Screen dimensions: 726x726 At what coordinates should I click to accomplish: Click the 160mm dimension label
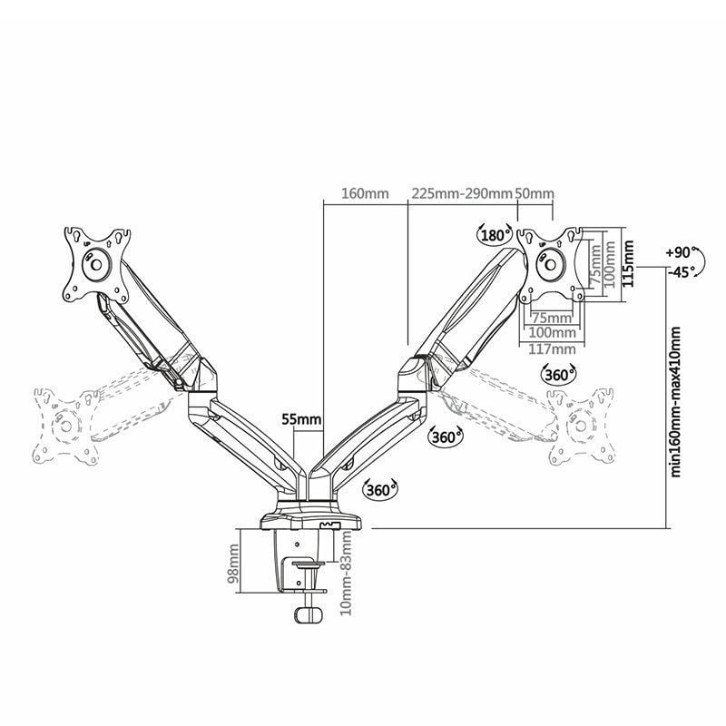click(x=364, y=194)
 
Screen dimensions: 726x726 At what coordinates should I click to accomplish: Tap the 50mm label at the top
click(x=534, y=194)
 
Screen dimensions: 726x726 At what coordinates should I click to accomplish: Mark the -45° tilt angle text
click(x=680, y=270)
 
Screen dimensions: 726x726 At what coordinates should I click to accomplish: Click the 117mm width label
click(x=552, y=348)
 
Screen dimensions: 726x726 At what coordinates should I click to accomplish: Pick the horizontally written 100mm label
click(x=552, y=333)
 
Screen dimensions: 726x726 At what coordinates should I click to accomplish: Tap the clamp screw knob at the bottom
click(x=309, y=614)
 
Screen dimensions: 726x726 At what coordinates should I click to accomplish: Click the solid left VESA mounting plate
click(x=96, y=263)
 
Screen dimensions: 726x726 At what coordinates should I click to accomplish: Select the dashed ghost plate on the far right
click(x=580, y=426)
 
